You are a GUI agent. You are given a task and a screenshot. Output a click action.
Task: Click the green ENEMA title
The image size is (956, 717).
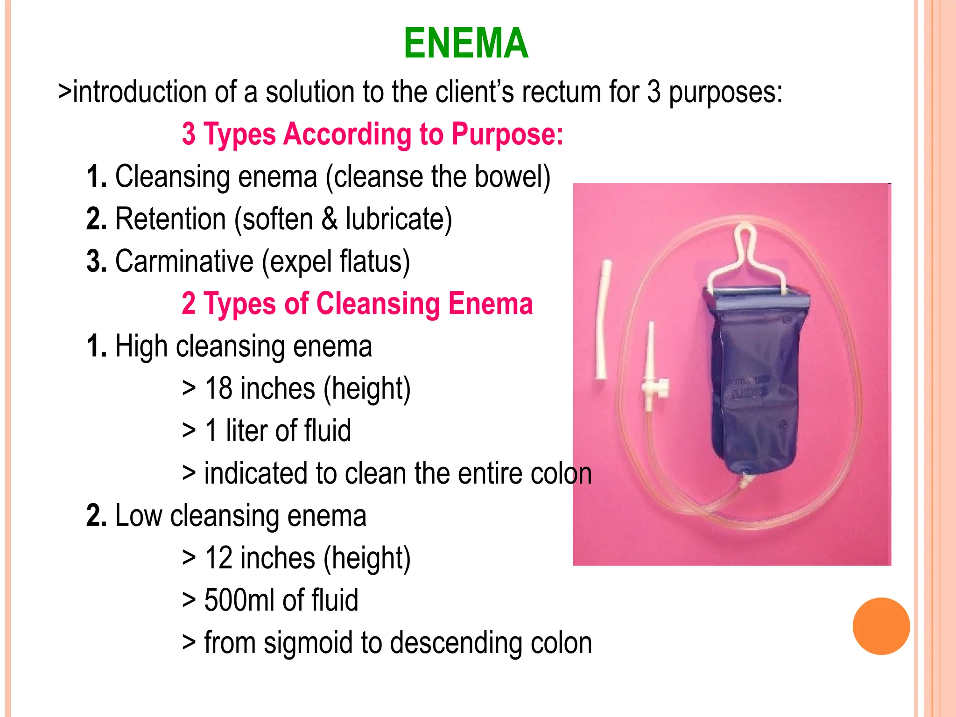coord(466,43)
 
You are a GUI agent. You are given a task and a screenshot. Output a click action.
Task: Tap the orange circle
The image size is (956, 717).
coord(881,626)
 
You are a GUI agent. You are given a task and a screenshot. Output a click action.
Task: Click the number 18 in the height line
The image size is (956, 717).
coord(219,388)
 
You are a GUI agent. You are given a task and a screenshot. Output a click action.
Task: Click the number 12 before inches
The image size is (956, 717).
coord(219,558)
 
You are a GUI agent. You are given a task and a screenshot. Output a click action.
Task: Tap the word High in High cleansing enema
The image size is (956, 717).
coord(141,346)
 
